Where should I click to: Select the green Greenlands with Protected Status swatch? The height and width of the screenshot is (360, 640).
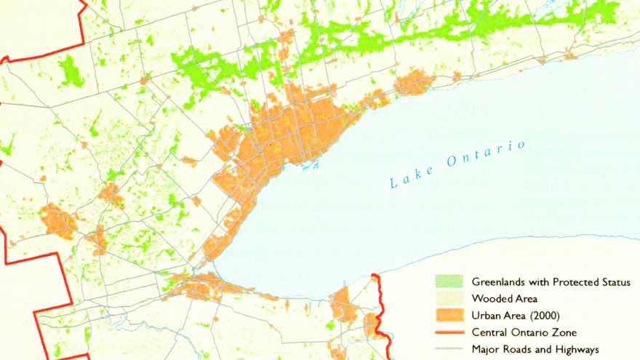pyautogui.click(x=449, y=281)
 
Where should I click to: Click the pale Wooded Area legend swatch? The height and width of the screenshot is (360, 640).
pyautogui.click(x=449, y=298)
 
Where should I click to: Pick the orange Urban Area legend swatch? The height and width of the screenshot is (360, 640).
pyautogui.click(x=449, y=315)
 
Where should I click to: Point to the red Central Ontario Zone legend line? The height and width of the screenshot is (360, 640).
pyautogui.click(x=449, y=332)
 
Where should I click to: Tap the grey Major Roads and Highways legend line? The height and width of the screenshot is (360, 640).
pyautogui.click(x=449, y=350)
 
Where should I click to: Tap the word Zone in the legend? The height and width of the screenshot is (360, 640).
pyautogui.click(x=564, y=332)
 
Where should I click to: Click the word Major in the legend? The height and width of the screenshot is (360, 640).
pyautogui.click(x=486, y=350)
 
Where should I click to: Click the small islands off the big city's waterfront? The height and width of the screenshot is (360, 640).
pyautogui.click(x=311, y=163)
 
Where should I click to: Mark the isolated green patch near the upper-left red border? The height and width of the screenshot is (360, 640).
pyautogui.click(x=71, y=71)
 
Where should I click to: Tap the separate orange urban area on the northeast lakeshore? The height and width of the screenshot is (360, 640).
pyautogui.click(x=415, y=82)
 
